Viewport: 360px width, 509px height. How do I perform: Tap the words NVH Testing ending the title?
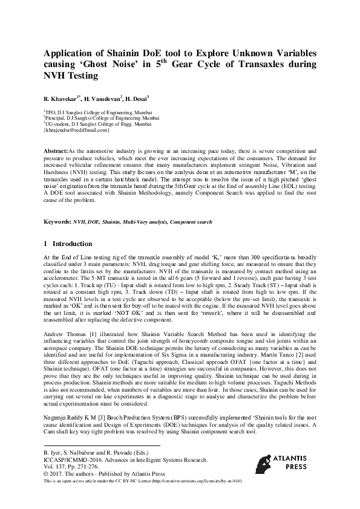[70, 77]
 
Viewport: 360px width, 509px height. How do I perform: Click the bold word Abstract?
[56, 149]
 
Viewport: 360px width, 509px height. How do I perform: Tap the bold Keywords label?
[57, 222]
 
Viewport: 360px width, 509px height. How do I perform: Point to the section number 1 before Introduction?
[46, 244]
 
